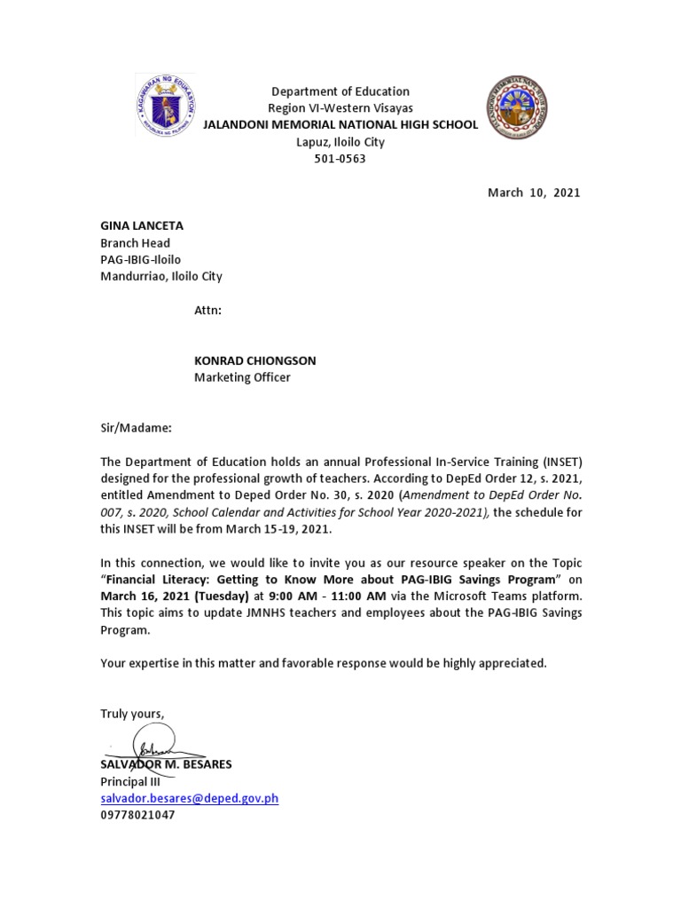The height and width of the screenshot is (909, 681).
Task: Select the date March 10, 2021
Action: coord(534,193)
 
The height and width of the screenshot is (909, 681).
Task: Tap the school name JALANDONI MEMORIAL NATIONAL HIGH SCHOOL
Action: coord(340,124)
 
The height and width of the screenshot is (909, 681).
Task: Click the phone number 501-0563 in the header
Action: coord(340,159)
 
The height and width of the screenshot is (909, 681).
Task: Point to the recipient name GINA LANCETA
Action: coord(142,226)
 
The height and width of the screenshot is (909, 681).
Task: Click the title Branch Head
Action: coord(135,243)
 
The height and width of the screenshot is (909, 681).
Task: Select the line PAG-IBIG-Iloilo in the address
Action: coord(140,259)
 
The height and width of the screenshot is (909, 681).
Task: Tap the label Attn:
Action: coord(207,311)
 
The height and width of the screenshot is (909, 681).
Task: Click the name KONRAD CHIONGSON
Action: coord(255,360)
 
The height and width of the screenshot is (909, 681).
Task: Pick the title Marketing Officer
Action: coord(242,377)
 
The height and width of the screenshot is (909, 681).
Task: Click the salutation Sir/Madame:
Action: coord(136,428)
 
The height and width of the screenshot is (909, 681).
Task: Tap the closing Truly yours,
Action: coord(132,714)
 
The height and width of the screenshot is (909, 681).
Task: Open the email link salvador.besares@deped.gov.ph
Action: coord(189,798)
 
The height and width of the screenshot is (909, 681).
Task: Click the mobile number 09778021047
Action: coord(137,814)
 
